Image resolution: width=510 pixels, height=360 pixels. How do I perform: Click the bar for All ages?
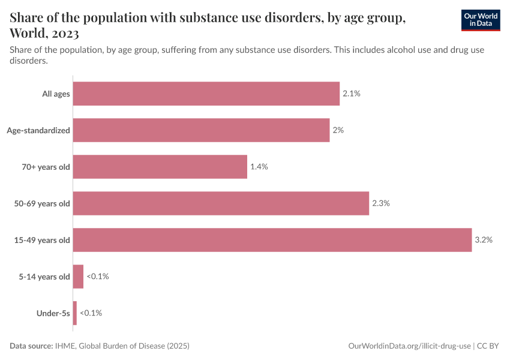pos(206,94)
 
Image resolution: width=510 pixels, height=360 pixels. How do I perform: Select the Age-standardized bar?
pos(201,130)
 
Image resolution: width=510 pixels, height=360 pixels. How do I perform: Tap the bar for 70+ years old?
pos(160,167)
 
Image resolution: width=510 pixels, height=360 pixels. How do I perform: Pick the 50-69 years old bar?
pos(221,203)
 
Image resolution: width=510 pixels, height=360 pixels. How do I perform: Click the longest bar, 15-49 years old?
pos(272,240)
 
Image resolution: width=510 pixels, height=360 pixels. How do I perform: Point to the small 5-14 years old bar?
pos(78,277)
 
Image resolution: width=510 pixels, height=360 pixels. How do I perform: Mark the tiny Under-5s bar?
pos(75,313)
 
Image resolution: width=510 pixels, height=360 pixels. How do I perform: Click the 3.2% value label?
pos(483,240)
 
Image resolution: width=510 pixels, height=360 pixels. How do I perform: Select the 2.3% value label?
pos(380,203)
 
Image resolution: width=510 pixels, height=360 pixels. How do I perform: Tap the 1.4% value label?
pos(259,167)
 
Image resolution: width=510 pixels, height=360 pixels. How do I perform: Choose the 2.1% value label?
pos(351,94)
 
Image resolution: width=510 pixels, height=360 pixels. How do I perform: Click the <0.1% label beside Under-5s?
pos(91,313)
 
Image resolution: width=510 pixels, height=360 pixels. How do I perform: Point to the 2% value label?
pos(338,130)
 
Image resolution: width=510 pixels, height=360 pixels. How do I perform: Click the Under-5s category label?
pos(54,313)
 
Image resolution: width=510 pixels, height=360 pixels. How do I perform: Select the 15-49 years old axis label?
pos(42,240)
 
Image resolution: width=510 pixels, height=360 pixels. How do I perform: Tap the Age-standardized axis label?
pos(38,130)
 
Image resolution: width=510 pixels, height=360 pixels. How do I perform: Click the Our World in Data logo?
pos(481,20)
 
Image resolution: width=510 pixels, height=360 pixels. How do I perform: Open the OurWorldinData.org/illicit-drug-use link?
pos(409,346)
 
